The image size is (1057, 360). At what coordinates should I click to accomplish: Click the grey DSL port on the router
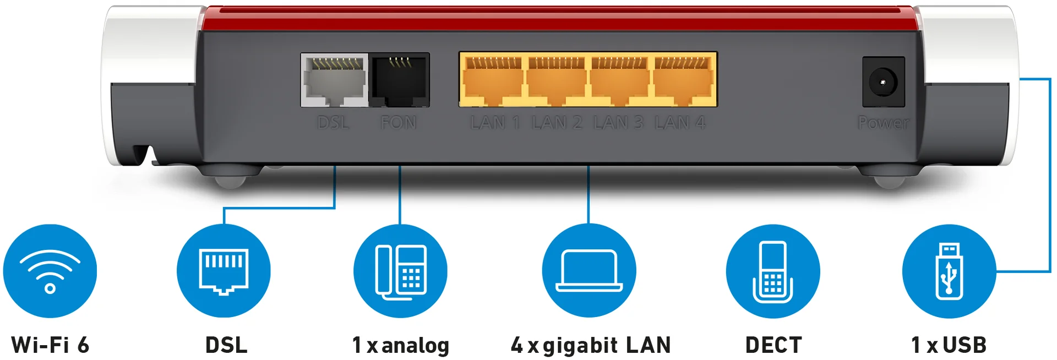[335, 80]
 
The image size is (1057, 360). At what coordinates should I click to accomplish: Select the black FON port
[399, 80]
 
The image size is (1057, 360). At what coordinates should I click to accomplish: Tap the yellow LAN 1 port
[492, 80]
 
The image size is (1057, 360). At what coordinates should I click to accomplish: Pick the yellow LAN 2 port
[556, 80]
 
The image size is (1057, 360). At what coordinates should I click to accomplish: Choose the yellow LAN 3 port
[619, 80]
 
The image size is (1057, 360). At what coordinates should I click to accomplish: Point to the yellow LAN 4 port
[684, 80]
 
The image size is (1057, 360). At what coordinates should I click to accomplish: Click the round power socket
[883, 83]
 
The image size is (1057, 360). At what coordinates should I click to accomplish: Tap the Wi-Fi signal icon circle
[50, 271]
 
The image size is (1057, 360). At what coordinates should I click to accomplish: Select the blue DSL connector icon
[224, 271]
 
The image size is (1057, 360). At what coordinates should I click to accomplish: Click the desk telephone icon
[400, 271]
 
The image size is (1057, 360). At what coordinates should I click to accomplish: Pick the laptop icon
[589, 271]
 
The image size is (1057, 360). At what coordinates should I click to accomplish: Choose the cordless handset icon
[773, 271]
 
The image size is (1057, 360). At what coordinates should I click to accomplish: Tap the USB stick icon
[949, 271]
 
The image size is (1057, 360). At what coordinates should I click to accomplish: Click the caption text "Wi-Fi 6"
[50, 345]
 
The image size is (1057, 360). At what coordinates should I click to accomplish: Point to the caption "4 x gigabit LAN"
[591, 346]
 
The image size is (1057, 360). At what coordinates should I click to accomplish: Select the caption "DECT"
[773, 345]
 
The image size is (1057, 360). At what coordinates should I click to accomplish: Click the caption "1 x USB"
[949, 345]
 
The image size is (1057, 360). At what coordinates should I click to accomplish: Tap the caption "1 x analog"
[401, 346]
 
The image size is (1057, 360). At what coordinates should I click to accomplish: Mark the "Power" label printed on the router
[883, 123]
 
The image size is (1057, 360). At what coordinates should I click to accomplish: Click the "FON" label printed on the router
[399, 122]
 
